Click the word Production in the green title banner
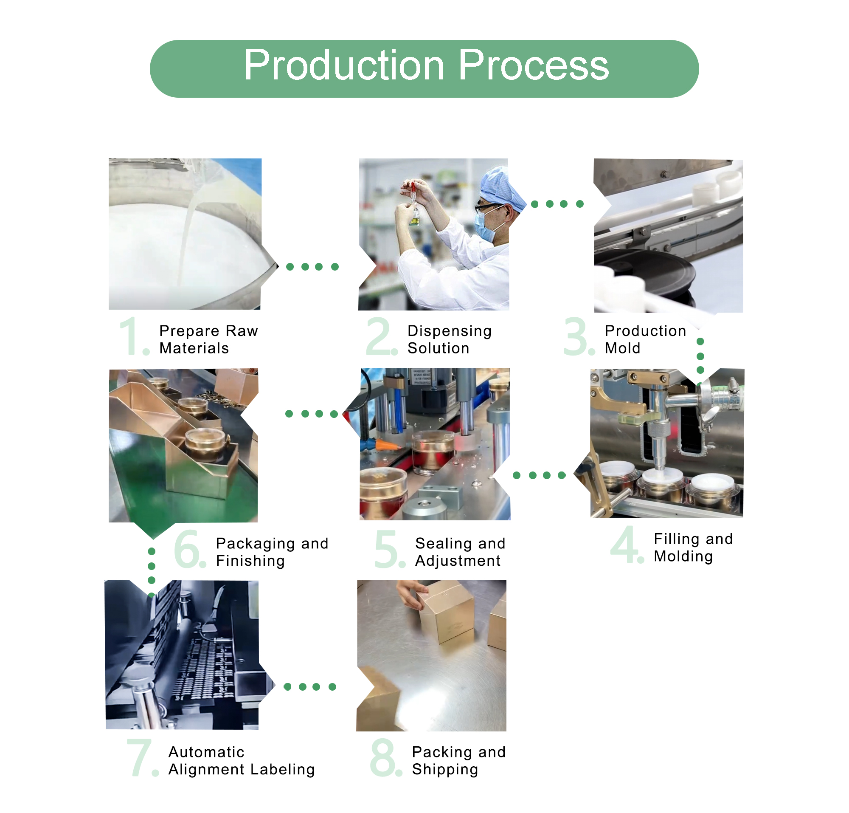pos(344,65)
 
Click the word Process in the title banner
pos(533,65)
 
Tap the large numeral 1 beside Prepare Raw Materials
pos(129,336)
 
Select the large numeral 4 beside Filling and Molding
pos(624,545)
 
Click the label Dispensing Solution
pos(449,339)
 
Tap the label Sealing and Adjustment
pos(460,552)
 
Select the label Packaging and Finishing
pos(272,552)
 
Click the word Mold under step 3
pos(622,348)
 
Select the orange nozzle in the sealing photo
pos(386,445)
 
